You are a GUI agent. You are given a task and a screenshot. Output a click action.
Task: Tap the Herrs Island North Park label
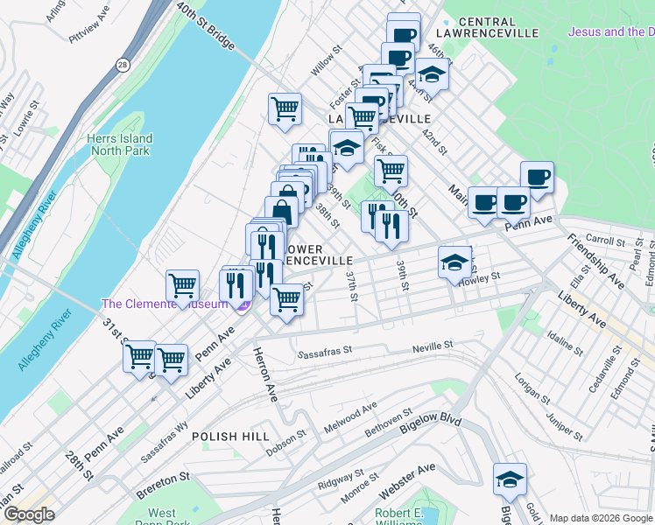[119, 144]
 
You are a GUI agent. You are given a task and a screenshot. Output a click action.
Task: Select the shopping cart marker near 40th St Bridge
[285, 109]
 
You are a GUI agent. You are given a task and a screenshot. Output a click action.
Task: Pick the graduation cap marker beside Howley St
[454, 262]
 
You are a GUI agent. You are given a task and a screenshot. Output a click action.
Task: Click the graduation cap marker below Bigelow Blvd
[510, 479]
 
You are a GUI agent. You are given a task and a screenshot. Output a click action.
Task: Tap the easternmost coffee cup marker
[536, 176]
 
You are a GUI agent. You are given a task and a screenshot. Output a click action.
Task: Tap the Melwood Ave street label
[349, 410]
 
